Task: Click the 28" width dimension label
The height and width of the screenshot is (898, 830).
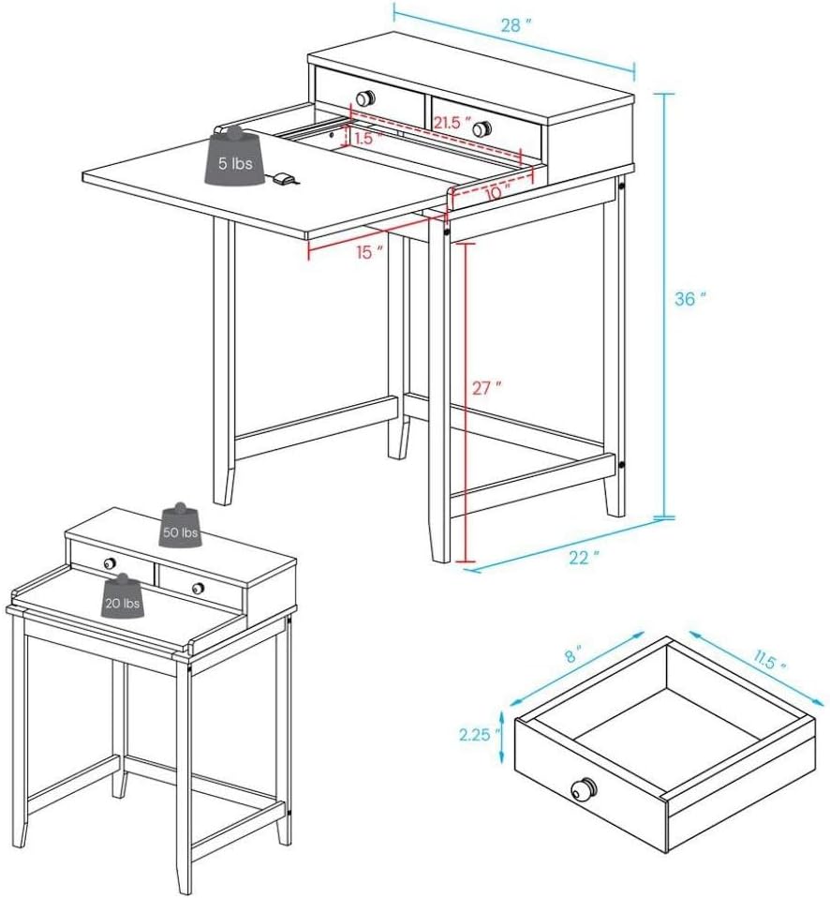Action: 516,25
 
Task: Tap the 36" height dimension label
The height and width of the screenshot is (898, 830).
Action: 690,299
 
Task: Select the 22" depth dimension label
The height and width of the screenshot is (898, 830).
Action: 584,557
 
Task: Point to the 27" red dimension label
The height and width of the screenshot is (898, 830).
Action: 486,388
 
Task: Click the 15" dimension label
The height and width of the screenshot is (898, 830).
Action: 369,252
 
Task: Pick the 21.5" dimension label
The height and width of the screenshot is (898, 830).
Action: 452,122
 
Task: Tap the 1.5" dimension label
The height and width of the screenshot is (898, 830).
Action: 367,138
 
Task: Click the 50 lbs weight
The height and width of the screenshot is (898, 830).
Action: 180,526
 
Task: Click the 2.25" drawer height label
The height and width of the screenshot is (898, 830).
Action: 475,734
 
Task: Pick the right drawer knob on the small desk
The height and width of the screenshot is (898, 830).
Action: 198,588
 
